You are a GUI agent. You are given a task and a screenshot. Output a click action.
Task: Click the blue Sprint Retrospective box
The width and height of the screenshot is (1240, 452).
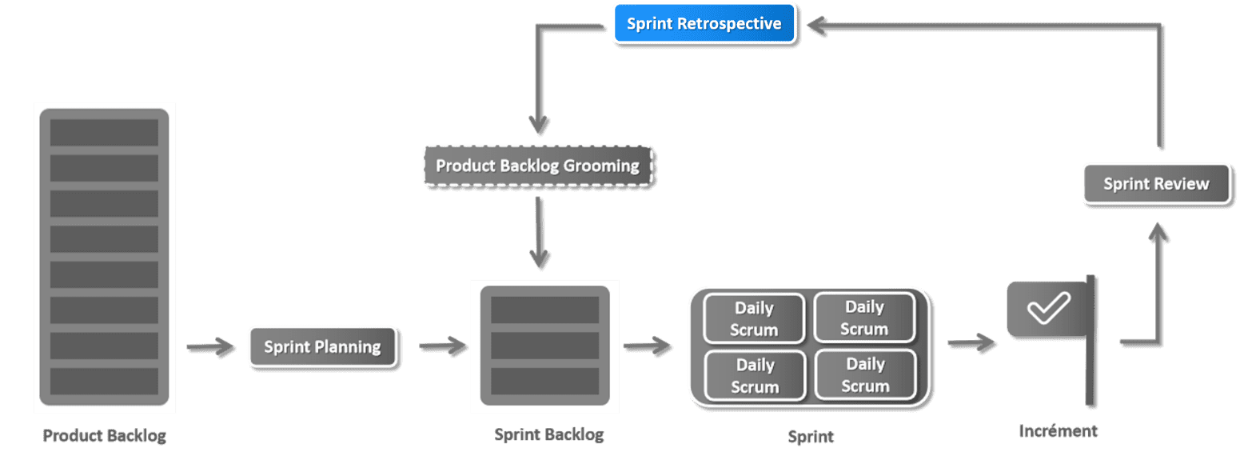coord(704,23)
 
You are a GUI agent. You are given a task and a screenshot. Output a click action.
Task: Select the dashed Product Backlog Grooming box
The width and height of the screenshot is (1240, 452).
coord(538,166)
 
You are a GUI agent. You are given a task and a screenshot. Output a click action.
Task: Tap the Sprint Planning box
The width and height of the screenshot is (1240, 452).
coord(323,346)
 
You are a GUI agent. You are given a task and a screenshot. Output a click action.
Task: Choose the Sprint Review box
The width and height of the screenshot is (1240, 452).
coord(1156,184)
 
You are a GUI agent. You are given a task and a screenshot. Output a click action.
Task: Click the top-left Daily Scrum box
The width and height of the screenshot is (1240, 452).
coord(754,318)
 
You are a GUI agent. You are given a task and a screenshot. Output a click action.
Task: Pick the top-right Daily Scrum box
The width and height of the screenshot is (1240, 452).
coord(865,318)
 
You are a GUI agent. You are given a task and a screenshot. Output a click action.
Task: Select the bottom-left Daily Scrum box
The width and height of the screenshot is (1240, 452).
coord(755,375)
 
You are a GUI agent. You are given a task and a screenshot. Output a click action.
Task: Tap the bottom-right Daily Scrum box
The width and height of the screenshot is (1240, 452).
coord(866,374)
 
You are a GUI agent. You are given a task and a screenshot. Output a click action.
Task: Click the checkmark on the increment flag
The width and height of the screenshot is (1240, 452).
coord(1048,307)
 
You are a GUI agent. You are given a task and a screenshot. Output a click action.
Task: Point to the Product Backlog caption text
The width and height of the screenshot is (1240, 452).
coord(105,435)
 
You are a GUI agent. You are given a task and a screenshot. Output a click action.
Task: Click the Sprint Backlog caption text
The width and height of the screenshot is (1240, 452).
coord(549,434)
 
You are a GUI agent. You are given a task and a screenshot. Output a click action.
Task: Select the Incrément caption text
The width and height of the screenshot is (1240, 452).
coord(1058,431)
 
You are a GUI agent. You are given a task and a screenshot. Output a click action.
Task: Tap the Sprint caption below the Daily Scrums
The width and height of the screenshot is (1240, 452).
coord(811,437)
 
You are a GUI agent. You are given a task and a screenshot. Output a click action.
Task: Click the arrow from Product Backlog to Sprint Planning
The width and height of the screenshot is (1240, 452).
coord(210,346)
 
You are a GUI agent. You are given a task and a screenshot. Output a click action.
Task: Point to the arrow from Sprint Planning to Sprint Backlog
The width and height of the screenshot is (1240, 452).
coord(443,346)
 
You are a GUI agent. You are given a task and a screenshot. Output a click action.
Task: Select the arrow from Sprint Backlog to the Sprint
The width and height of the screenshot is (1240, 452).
coord(647,346)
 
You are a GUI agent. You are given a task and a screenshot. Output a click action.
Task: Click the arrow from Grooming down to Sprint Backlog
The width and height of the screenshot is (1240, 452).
coord(539,233)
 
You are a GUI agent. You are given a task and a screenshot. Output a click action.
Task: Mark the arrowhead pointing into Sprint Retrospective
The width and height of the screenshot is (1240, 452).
coord(817,25)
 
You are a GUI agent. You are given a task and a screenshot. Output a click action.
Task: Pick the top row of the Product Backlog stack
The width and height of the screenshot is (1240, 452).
coord(104,132)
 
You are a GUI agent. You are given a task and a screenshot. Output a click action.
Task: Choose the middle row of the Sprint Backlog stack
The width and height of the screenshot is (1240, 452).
coord(544,345)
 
